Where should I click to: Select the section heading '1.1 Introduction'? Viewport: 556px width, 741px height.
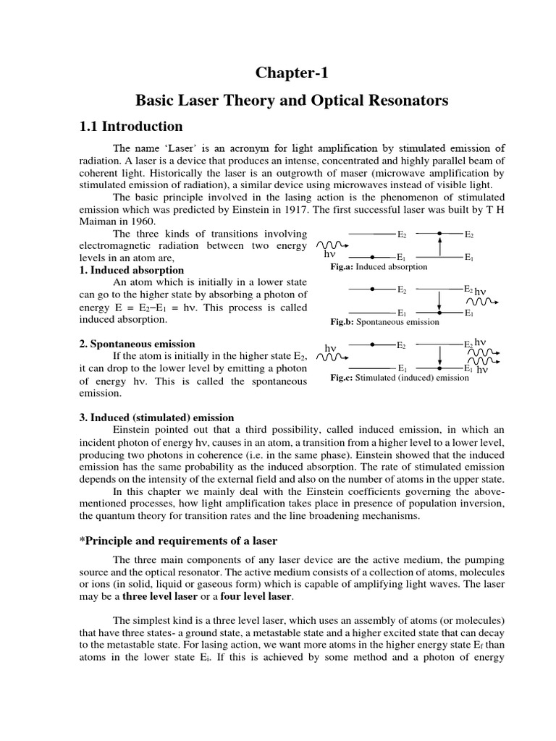coord(130,127)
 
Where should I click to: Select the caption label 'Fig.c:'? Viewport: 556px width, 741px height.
coord(342,378)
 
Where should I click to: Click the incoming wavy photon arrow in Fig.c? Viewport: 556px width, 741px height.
coord(330,357)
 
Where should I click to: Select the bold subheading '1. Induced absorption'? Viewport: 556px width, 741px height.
coord(130,270)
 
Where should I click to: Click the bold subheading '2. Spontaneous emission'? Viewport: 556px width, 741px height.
coord(137,344)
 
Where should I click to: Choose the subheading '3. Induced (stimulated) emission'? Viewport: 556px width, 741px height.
coord(156,418)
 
